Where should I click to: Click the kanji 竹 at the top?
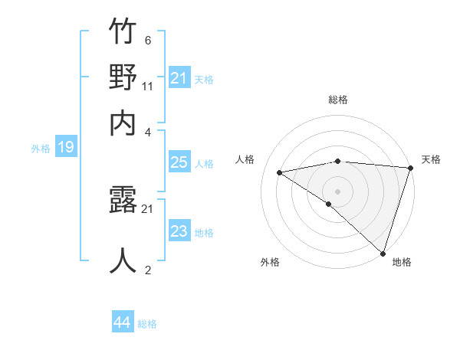[123, 34]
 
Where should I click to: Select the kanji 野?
[123, 78]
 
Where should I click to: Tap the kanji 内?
[123, 122]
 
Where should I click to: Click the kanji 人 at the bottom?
[123, 260]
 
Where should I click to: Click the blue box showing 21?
[179, 78]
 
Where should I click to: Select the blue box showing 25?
[179, 162]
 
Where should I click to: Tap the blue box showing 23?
[179, 231]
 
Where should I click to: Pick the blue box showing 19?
[65, 147]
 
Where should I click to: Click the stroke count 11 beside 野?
[148, 86]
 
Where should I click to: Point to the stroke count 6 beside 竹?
[147, 41]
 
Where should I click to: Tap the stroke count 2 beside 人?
[147, 269]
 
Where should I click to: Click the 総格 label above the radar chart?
[338, 100]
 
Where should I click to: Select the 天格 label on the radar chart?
[431, 159]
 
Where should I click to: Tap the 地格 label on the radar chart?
[402, 262]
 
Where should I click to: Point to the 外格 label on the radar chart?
[270, 262]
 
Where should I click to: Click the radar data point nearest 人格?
[280, 172]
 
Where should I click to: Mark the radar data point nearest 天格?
[411, 168]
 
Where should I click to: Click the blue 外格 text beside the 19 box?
[41, 149]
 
